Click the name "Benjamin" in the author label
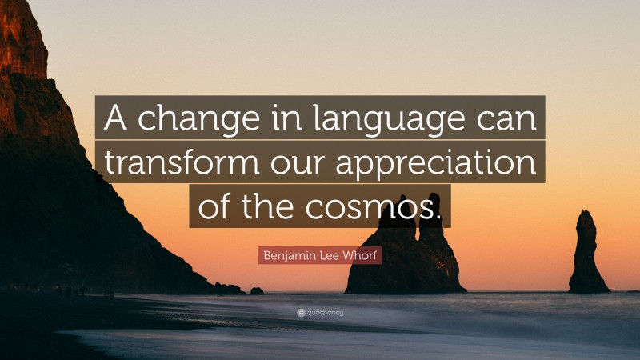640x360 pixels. click(x=286, y=255)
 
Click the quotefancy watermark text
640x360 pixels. click(x=325, y=312)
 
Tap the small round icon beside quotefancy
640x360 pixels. click(x=301, y=312)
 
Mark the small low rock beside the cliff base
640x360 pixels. click(x=256, y=290)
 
